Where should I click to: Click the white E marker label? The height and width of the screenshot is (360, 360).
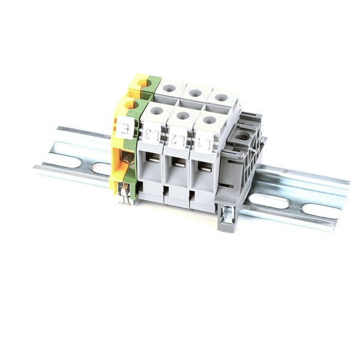click(125, 128)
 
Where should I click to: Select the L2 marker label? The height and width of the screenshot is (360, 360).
click(177, 140)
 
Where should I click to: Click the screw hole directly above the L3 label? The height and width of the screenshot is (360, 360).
click(157, 111)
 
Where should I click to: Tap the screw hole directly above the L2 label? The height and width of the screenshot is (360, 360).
click(183, 116)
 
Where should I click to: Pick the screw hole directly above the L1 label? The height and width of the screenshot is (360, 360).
click(209, 120)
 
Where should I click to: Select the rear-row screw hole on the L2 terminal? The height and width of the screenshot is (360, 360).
click(196, 93)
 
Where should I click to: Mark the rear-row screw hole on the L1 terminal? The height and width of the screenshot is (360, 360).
click(221, 97)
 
